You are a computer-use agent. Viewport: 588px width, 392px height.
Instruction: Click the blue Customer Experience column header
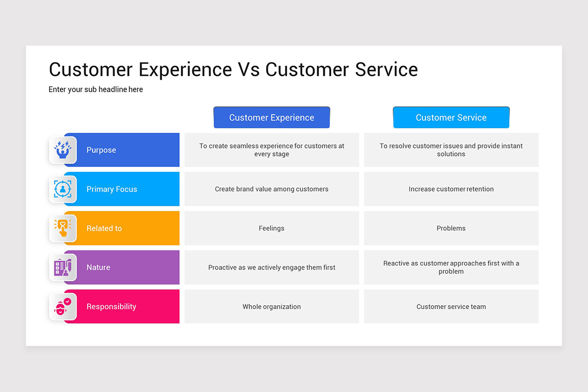pos(271,118)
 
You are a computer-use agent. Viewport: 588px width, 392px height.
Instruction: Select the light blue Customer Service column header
pos(451,118)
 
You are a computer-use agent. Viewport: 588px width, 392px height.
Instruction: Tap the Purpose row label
pos(101,150)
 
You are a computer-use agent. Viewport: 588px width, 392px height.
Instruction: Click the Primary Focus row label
pos(112,189)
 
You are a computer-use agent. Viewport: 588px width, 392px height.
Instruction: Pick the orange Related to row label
pos(104,228)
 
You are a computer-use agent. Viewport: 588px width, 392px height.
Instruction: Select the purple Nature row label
pos(98,268)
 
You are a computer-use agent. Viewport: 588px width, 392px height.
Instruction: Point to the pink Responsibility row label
pos(111,307)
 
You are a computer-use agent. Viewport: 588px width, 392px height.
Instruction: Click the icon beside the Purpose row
pos(63,150)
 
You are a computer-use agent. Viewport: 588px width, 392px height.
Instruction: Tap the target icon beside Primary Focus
pos(63,189)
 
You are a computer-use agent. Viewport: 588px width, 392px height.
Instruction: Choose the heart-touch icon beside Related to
pos(63,228)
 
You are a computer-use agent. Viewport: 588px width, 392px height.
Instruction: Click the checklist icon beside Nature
pos(63,268)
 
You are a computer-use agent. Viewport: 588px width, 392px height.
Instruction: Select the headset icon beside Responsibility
pos(63,307)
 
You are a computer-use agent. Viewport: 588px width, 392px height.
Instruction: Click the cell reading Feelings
pos(271,228)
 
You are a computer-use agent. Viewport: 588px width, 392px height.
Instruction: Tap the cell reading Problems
pos(451,228)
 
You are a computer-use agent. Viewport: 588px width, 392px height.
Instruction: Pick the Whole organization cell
pos(271,307)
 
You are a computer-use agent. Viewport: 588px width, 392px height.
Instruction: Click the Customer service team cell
pos(451,307)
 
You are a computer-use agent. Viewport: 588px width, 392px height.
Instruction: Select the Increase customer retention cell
pos(451,189)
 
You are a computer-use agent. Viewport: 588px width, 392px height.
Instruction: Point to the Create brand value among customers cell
pos(271,189)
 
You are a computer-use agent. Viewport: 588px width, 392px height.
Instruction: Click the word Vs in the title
pos(248,70)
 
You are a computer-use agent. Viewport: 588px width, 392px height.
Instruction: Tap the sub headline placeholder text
pos(96,90)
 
